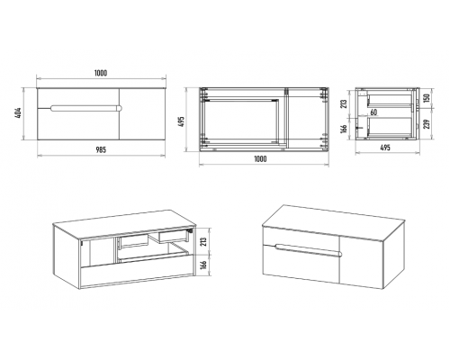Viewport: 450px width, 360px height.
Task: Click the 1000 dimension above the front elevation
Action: pyautogui.click(x=101, y=73)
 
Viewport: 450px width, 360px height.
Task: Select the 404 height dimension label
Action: pyautogui.click(x=18, y=112)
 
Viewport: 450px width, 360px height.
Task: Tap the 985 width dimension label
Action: pyautogui.click(x=101, y=149)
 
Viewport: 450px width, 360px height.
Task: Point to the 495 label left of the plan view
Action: pyautogui.click(x=181, y=121)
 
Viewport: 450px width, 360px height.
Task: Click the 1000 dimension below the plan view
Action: pyautogui.click(x=260, y=158)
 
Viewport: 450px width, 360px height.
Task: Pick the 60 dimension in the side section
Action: pyautogui.click(x=373, y=112)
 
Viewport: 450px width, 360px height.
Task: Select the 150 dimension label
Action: pyautogui.click(x=427, y=97)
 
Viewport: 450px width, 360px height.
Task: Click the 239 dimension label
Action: pyautogui.click(x=427, y=124)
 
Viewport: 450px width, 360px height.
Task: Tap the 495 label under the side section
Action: pyautogui.click(x=385, y=148)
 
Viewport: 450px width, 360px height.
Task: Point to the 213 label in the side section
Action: pyautogui.click(x=344, y=103)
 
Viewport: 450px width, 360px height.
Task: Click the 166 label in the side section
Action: pyautogui.click(x=344, y=128)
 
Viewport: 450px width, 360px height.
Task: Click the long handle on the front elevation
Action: pyautogui.click(x=86, y=108)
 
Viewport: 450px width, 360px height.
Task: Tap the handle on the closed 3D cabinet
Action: pyautogui.click(x=309, y=250)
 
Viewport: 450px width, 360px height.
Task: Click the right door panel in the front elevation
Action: pyautogui.click(x=142, y=114)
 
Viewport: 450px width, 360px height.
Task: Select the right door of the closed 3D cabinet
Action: pyautogui.click(x=361, y=260)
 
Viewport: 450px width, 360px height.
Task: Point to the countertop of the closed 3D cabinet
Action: pyautogui.click(x=333, y=223)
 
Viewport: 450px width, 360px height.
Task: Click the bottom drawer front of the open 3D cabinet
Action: pyautogui.click(x=137, y=273)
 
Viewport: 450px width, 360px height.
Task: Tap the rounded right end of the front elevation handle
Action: pyautogui.click(x=120, y=108)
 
